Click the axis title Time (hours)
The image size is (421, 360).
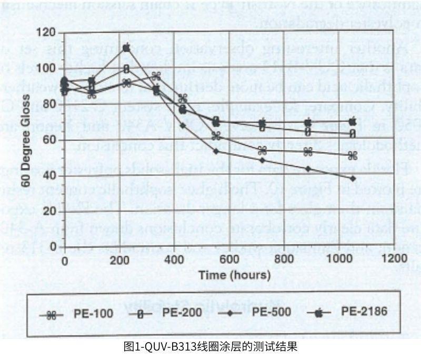234,274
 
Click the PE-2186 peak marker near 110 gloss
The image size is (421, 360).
126,47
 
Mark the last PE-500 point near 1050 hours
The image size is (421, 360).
353,179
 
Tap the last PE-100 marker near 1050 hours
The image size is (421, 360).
353,156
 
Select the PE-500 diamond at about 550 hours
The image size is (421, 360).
216,151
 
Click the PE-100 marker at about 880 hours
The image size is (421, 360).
308,152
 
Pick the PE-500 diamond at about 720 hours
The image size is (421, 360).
263,159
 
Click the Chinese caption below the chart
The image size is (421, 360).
210,347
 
